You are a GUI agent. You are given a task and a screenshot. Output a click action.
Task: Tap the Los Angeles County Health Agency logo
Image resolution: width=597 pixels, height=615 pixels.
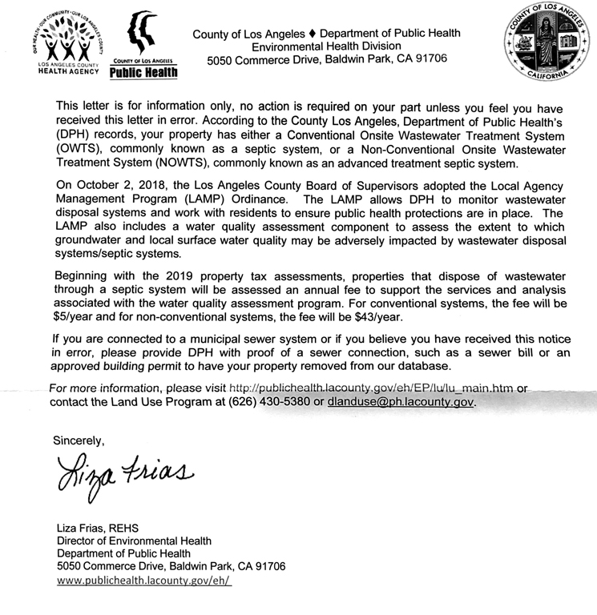(68, 44)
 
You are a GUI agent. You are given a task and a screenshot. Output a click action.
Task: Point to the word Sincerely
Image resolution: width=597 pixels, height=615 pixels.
(79, 440)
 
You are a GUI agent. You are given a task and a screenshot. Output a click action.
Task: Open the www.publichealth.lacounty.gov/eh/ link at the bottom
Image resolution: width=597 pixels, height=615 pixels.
(144, 581)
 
